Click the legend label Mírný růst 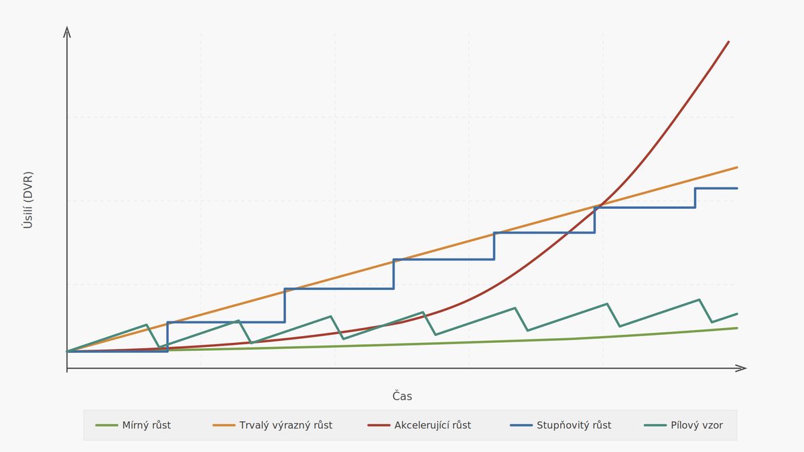tap(146, 425)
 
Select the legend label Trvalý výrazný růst tap(285, 425)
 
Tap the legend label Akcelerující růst tap(432, 425)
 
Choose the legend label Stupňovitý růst tap(574, 425)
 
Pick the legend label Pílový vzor tap(696, 425)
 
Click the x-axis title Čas tap(402, 396)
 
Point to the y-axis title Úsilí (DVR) tap(27, 200)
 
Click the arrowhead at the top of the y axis tap(67, 30)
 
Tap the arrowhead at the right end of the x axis tap(742, 368)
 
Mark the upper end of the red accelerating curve tap(728, 42)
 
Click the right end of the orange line tap(737, 167)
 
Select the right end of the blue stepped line tap(737, 188)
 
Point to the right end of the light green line tap(737, 328)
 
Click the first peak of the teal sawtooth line tap(146, 325)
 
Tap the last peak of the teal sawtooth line tap(699, 299)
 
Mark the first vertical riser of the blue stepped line tap(167, 337)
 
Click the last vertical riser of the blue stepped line tap(695, 198)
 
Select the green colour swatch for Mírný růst tap(107, 425)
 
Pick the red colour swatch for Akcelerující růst tap(379, 425)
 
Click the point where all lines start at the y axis tap(67, 351)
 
